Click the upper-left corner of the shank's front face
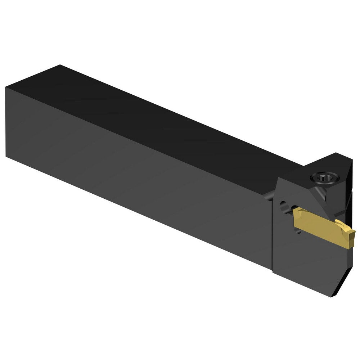(x=6, y=87)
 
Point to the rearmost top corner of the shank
(x=59, y=65)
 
